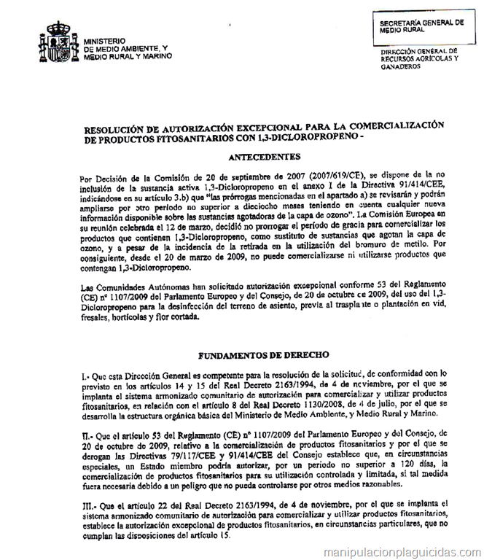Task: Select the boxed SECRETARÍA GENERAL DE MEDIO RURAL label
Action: pos(421,26)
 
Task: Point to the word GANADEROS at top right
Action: pos(400,66)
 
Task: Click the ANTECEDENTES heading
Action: pos(264,156)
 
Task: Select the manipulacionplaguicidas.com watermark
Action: pos(402,552)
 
